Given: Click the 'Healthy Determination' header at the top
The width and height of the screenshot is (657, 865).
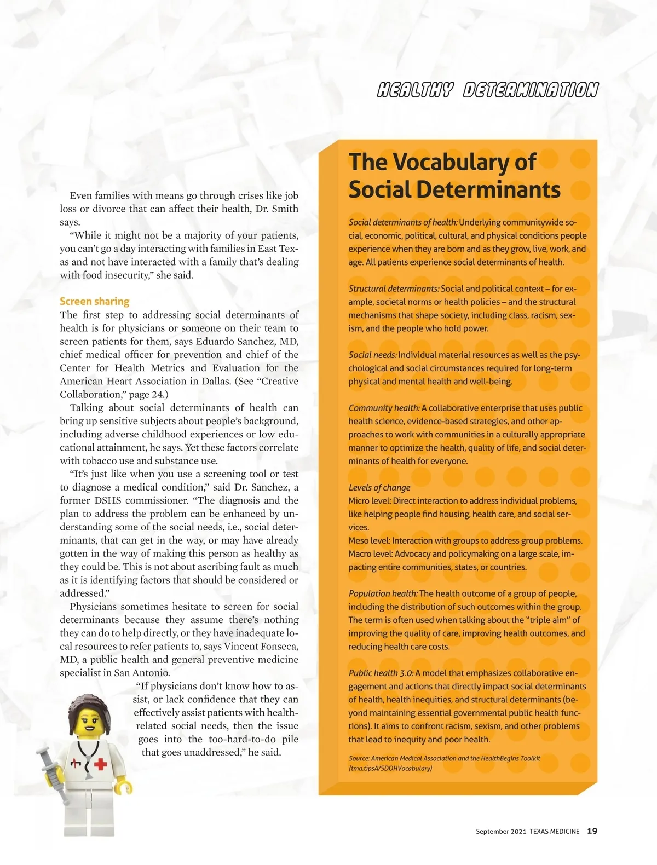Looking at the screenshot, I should (x=487, y=90).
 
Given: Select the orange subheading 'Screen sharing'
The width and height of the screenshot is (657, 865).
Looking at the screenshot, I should (x=94, y=301).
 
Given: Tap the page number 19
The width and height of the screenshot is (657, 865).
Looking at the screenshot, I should (x=592, y=831).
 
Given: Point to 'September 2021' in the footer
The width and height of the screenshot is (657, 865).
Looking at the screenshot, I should (x=500, y=832).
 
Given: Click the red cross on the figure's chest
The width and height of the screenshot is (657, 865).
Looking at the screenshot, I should (x=100, y=763).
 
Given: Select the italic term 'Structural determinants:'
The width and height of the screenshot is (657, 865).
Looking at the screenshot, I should (x=394, y=289).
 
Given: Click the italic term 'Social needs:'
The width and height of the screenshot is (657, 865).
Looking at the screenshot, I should (x=372, y=355).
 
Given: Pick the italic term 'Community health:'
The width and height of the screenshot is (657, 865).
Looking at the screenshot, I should (x=384, y=408).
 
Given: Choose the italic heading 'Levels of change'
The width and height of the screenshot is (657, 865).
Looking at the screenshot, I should (x=379, y=487).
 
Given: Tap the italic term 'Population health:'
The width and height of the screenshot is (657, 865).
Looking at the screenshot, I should (x=383, y=593).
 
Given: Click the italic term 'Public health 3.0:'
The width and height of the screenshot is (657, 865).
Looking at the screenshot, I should (x=381, y=673).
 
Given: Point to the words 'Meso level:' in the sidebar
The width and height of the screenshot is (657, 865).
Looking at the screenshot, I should (x=369, y=540).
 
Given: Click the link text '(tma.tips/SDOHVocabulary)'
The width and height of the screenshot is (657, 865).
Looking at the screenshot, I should (x=390, y=768).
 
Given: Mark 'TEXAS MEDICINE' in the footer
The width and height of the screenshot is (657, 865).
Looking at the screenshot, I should (x=554, y=832).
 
